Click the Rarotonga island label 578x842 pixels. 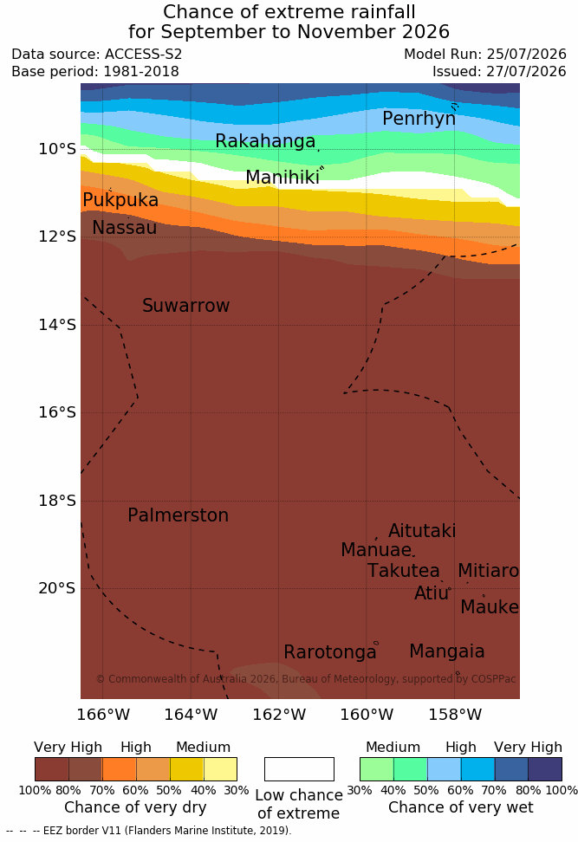pos(330,652)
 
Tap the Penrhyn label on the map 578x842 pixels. pos(419,119)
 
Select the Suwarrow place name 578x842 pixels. pos(185,306)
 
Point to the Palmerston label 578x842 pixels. pos(179,515)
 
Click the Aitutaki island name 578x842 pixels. pos(422,530)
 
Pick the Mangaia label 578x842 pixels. pos(447,651)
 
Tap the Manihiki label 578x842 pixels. pos(283,178)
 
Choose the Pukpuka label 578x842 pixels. pos(120,200)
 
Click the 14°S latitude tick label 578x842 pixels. pos(57,324)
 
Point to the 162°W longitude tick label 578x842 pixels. pos(279,715)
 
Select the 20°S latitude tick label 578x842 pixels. pos(57,588)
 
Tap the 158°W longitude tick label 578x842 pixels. pos(456,715)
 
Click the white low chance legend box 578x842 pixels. pos(299,769)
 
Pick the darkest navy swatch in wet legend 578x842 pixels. pos(545,769)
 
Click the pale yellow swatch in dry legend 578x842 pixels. pos(220,769)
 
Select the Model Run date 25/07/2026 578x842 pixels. pos(526,55)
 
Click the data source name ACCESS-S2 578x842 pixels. pos(144,55)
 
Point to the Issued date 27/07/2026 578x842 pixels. pos(526,71)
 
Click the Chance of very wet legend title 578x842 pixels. pos(461,807)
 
